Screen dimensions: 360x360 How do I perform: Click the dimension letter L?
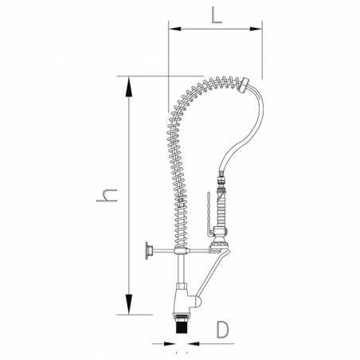[x=217, y=15]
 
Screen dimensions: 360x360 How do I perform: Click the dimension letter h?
[x=107, y=195]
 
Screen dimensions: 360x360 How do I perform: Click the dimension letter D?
[x=222, y=330]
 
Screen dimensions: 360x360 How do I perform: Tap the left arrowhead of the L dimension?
[x=174, y=29]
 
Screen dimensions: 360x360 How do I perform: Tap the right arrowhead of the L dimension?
[x=256, y=29]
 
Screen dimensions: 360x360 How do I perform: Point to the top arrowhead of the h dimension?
[x=129, y=86]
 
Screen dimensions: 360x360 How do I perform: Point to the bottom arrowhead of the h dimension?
[x=129, y=304]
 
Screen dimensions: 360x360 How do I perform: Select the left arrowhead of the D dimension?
[x=170, y=343]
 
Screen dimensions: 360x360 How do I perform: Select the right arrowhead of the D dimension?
[x=194, y=343]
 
